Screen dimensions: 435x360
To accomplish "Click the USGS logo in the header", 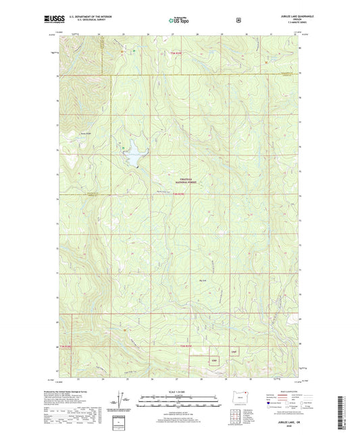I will click(51, 20).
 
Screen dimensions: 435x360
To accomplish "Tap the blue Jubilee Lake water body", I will click(134, 155).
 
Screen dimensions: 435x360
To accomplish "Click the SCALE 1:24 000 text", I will click(179, 392).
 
